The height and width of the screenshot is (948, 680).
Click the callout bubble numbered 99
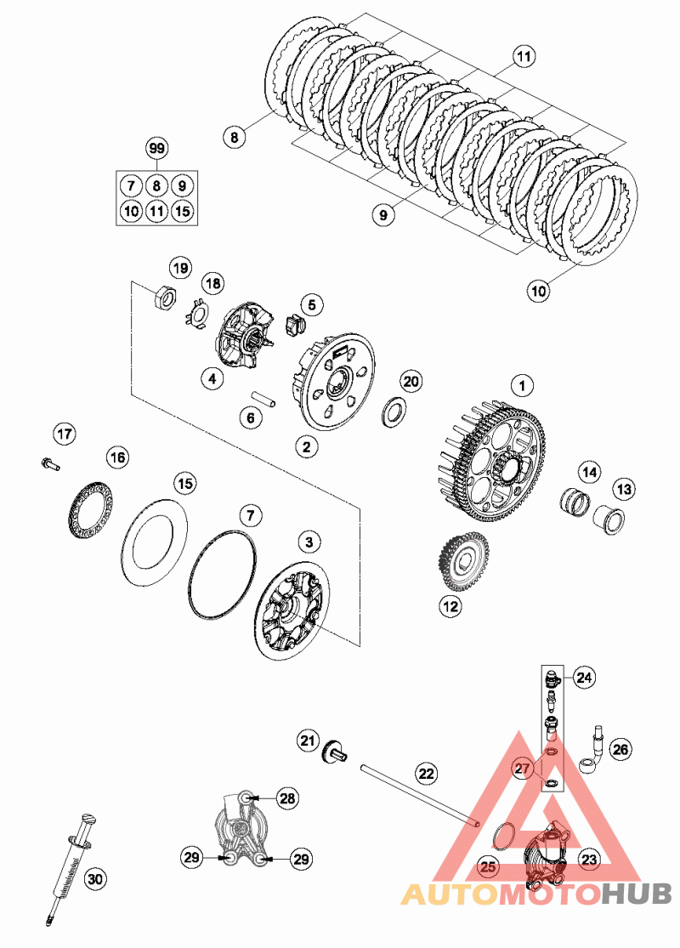pyautogui.click(x=156, y=148)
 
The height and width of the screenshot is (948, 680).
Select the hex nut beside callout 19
pyautogui.click(x=165, y=298)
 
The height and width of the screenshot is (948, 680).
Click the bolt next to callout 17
pyautogui.click(x=49, y=463)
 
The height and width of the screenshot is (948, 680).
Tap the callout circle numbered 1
pyautogui.click(x=524, y=386)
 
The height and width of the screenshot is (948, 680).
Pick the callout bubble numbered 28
pyautogui.click(x=287, y=798)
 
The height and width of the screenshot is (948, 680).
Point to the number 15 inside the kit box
pyautogui.click(x=182, y=210)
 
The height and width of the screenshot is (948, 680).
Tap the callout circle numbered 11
pyautogui.click(x=524, y=58)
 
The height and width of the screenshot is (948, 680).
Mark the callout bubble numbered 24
pyautogui.click(x=583, y=678)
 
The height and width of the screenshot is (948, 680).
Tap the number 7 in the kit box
pyautogui.click(x=130, y=186)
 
